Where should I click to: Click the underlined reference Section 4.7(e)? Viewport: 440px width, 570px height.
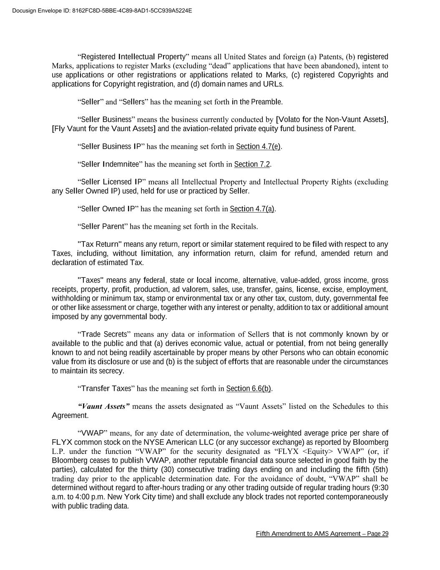coord(258,147)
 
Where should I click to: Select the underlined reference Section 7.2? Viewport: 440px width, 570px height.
coord(252,165)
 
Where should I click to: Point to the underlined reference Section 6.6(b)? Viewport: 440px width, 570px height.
coord(249,389)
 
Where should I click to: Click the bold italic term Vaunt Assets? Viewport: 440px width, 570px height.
coord(104,406)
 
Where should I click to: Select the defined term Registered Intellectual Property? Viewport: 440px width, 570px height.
coord(133,57)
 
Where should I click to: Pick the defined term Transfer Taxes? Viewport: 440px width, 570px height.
coord(106,389)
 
